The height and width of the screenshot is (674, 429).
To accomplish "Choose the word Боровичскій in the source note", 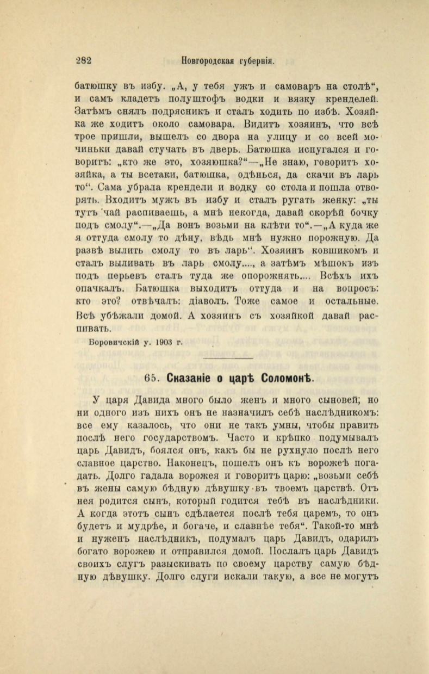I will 111,342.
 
